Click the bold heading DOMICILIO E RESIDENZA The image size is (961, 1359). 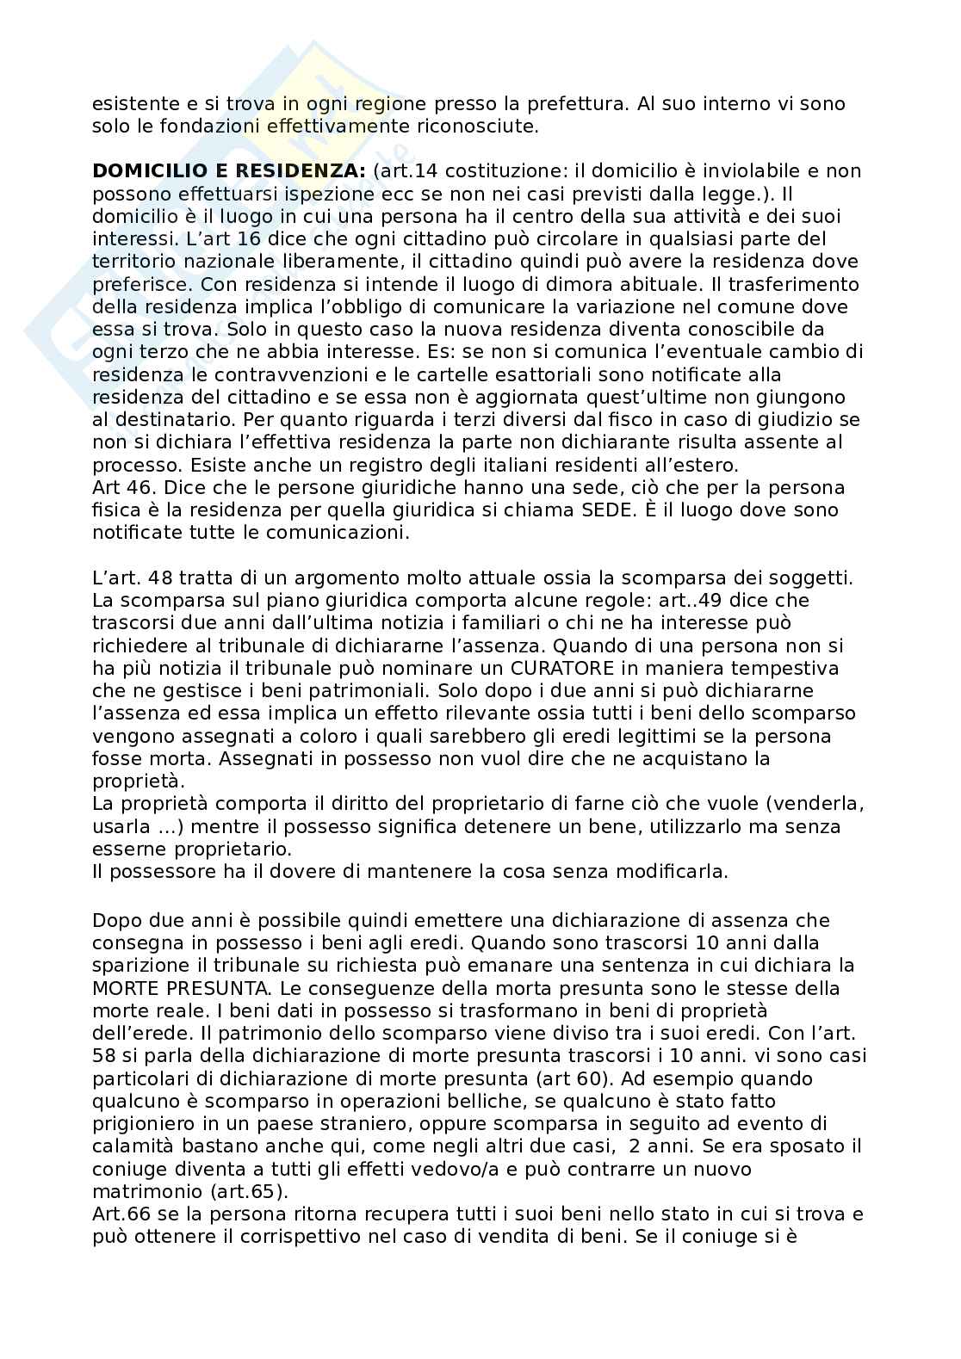tap(230, 171)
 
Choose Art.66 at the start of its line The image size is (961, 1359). tap(120, 1214)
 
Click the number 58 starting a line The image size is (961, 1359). tap(104, 1056)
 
